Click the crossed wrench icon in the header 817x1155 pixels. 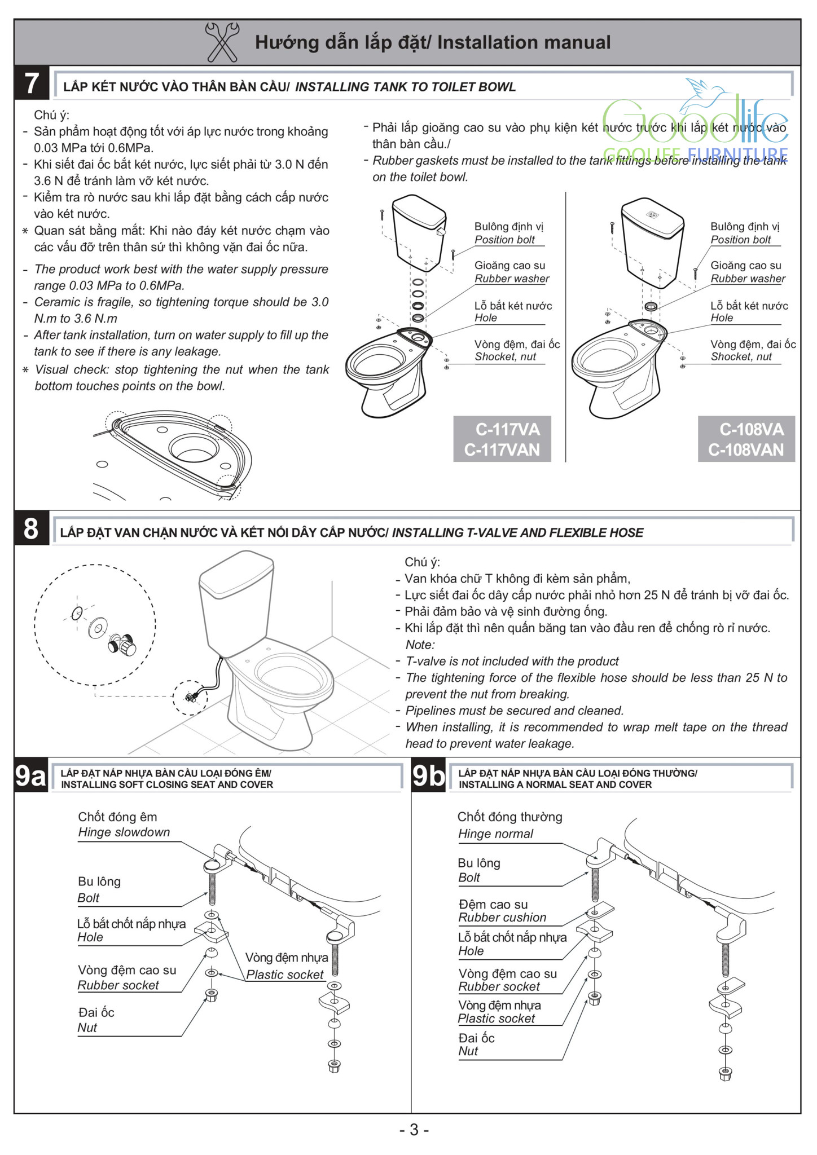click(222, 42)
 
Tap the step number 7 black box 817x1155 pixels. click(32, 83)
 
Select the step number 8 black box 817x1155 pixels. click(32, 530)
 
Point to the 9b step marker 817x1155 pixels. click(429, 777)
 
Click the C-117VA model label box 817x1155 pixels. click(502, 439)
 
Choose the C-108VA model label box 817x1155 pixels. click(746, 439)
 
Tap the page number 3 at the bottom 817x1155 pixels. click(414, 1130)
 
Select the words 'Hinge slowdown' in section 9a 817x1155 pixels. click(124, 832)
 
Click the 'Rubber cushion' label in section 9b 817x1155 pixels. click(502, 918)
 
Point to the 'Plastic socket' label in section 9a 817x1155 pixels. click(285, 975)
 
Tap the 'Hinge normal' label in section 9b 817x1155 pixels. click(495, 834)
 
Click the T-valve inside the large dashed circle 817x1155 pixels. click(122, 643)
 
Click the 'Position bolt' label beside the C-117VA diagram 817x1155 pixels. click(504, 240)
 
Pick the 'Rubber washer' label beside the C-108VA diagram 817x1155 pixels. click(748, 279)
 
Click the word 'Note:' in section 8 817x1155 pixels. click(420, 645)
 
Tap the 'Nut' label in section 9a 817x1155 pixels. click(87, 1028)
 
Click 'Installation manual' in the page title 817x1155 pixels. click(524, 42)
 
